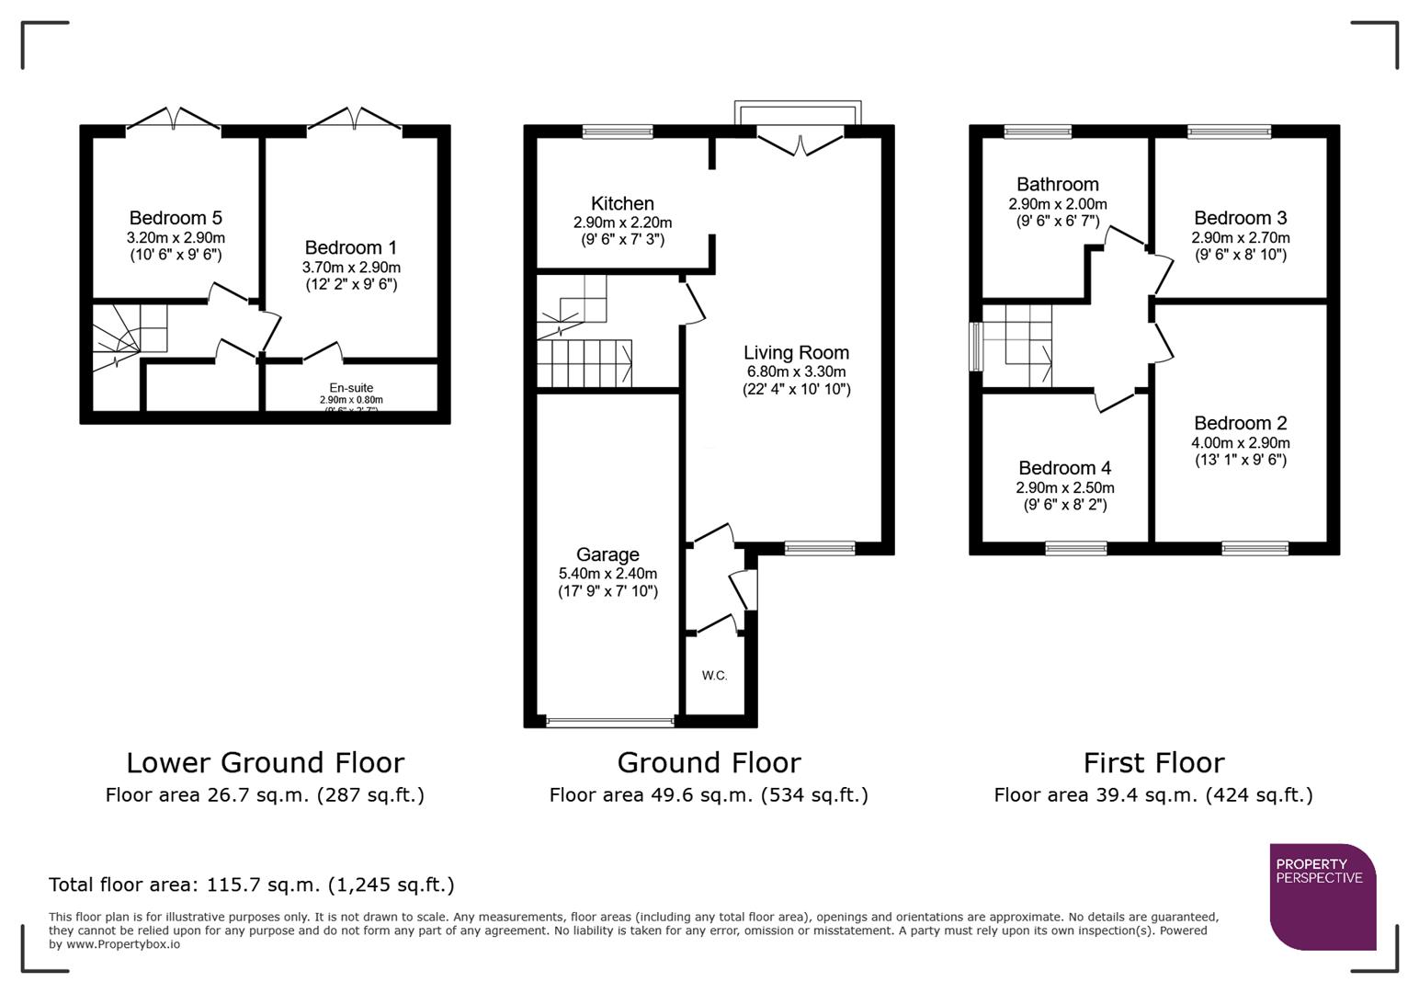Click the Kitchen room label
[622, 203]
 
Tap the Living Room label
[796, 352]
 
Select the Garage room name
[607, 554]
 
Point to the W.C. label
[714, 676]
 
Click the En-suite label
[351, 388]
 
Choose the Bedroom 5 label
[176, 218]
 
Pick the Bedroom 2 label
[1240, 423]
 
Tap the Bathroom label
[1057, 185]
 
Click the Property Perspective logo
[1323, 896]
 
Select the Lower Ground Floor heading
[265, 762]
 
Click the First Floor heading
[1153, 762]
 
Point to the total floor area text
[252, 885]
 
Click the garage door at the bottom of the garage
[609, 723]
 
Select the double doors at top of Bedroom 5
[173, 120]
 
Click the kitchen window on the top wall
[618, 131]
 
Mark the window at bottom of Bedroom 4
[1075, 549]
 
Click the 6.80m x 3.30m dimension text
[796, 371]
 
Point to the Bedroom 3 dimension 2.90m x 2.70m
[1240, 237]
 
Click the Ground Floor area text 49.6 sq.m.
[709, 795]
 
